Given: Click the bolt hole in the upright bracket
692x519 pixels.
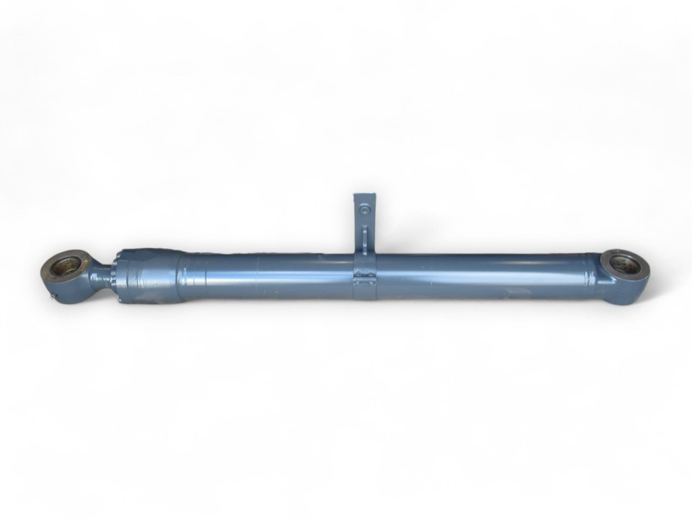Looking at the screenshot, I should point(365,210).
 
